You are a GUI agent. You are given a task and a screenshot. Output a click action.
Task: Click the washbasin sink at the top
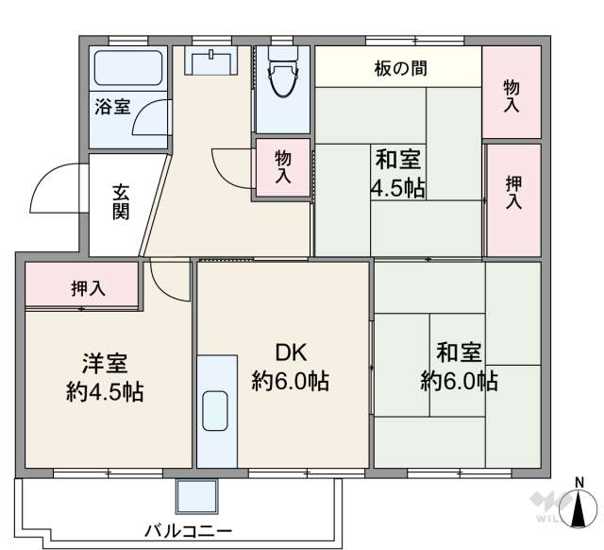(x=211, y=61)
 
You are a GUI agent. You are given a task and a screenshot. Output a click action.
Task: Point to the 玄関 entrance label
(x=122, y=200)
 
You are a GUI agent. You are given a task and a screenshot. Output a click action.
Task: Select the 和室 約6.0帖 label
(x=459, y=367)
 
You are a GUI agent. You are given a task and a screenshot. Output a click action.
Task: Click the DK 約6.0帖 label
(x=290, y=367)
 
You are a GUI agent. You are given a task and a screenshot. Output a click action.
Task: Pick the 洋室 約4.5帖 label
(x=105, y=378)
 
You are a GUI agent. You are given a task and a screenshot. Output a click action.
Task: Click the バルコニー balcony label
(x=189, y=530)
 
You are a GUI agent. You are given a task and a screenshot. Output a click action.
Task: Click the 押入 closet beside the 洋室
(x=82, y=288)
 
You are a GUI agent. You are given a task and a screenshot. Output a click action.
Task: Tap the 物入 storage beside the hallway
(x=282, y=169)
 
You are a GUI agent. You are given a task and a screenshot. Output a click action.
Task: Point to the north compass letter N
(x=579, y=489)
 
